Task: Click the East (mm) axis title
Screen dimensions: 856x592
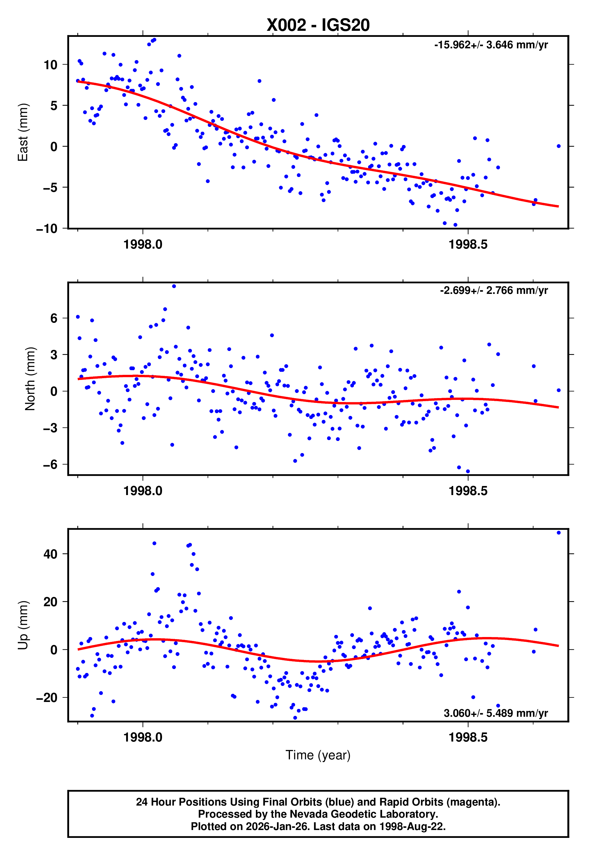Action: coord(23,132)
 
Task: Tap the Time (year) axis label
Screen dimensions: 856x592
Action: coord(318,755)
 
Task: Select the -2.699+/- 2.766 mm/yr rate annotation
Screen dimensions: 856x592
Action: coord(494,290)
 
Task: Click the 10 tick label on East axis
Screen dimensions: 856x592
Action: coord(50,65)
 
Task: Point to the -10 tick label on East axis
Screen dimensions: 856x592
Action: coord(47,229)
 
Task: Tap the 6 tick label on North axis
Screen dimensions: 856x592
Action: coord(54,318)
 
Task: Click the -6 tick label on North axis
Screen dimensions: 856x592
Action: coord(50,464)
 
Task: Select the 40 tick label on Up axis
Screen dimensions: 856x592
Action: coord(50,554)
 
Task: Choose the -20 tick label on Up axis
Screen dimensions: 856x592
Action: coord(47,698)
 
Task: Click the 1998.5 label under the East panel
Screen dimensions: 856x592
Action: coord(468,245)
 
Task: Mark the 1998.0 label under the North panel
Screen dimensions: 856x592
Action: coord(143,491)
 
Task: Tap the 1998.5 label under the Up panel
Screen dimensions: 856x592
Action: coord(468,737)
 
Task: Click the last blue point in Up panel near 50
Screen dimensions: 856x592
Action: coord(559,533)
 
